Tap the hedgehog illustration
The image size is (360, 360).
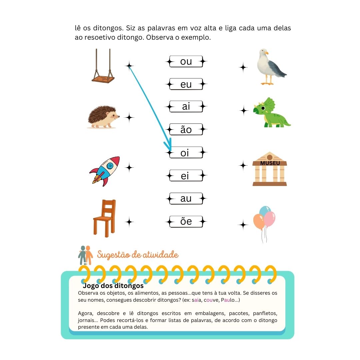103,117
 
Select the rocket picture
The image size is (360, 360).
105,171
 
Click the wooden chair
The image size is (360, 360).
104,218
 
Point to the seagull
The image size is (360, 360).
271,67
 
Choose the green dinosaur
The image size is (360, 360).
271,112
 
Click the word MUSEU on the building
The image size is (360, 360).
270,163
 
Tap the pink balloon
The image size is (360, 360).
270,219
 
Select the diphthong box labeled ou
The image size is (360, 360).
186,62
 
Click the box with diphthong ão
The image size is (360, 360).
186,129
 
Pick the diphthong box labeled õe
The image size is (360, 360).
186,221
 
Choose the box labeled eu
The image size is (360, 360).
186,84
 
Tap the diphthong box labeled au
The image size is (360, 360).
186,198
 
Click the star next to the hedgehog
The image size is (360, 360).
129,118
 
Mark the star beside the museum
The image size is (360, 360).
243,165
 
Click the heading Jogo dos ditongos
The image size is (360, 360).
113,286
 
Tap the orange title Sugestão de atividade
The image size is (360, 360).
138,255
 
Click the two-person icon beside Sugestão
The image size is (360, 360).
85,255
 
